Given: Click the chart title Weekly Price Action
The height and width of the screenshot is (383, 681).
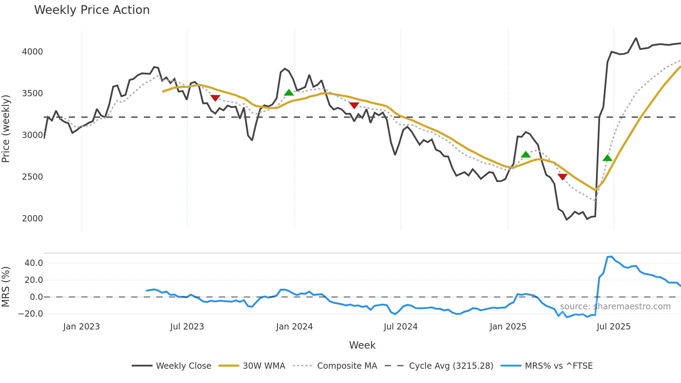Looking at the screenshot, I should click(x=92, y=10).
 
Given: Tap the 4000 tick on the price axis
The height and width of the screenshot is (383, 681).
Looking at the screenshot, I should click(x=32, y=52).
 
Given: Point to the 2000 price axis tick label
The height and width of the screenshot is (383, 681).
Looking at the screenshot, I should click(x=32, y=219).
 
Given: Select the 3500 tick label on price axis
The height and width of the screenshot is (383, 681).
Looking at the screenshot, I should click(x=32, y=93).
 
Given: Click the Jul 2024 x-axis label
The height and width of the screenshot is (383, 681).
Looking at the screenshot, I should click(x=401, y=327).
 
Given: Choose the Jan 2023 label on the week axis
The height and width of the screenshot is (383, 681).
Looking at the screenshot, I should click(x=81, y=327).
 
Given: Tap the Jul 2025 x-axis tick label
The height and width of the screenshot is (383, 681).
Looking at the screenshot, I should click(x=613, y=327).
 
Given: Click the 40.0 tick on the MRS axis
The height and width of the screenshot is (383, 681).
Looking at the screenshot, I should click(x=34, y=263).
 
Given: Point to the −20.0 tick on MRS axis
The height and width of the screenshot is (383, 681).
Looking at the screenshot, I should click(x=31, y=314).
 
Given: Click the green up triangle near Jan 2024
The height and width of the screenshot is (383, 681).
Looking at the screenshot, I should click(x=289, y=92).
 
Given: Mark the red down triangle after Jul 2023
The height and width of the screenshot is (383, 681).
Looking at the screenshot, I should click(x=215, y=98).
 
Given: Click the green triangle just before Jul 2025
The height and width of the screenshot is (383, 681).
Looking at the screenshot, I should click(x=607, y=158).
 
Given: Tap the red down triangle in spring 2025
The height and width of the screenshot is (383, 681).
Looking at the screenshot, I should click(x=563, y=177).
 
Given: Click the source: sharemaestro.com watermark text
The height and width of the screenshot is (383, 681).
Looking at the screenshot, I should click(x=615, y=307).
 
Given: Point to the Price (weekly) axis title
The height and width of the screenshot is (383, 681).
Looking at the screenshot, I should click(x=6, y=129).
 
